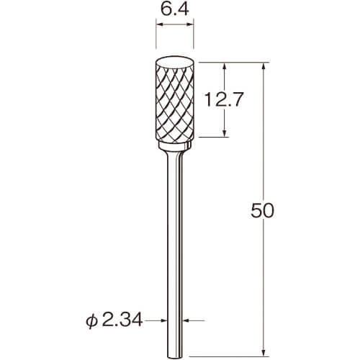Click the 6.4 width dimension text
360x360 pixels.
pos(175,9)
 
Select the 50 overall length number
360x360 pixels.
pos(262,210)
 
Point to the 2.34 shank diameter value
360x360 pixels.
pos(122,320)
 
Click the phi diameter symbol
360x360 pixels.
pos(92,321)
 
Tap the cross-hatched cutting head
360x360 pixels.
pos(175,103)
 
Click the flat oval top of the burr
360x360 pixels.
pos(175,63)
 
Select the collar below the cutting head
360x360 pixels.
pos(175,145)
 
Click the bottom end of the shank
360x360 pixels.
pos(175,357)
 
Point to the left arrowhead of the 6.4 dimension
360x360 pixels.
pos(159,24)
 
